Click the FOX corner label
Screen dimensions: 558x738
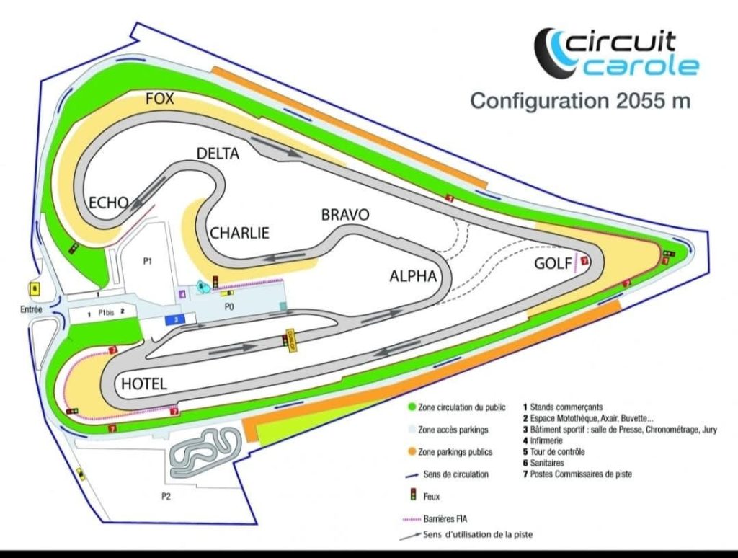tap(160, 99)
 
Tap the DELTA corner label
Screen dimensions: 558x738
tap(218, 153)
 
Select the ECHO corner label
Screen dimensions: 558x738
tap(108, 203)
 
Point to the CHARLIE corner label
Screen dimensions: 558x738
tap(239, 233)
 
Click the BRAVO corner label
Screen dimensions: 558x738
tap(345, 215)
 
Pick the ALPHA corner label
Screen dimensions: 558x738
tap(413, 275)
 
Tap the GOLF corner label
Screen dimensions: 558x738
tap(554, 263)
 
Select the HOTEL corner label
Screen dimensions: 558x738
tap(144, 384)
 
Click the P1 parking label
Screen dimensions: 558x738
tap(146, 261)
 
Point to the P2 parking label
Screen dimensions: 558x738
tap(166, 497)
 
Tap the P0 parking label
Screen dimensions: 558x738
tap(229, 306)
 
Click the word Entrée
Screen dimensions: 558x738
tap(32, 309)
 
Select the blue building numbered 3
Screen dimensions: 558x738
tap(176, 319)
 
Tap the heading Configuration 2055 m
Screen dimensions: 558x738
tap(580, 101)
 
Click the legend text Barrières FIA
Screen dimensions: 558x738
tap(445, 518)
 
